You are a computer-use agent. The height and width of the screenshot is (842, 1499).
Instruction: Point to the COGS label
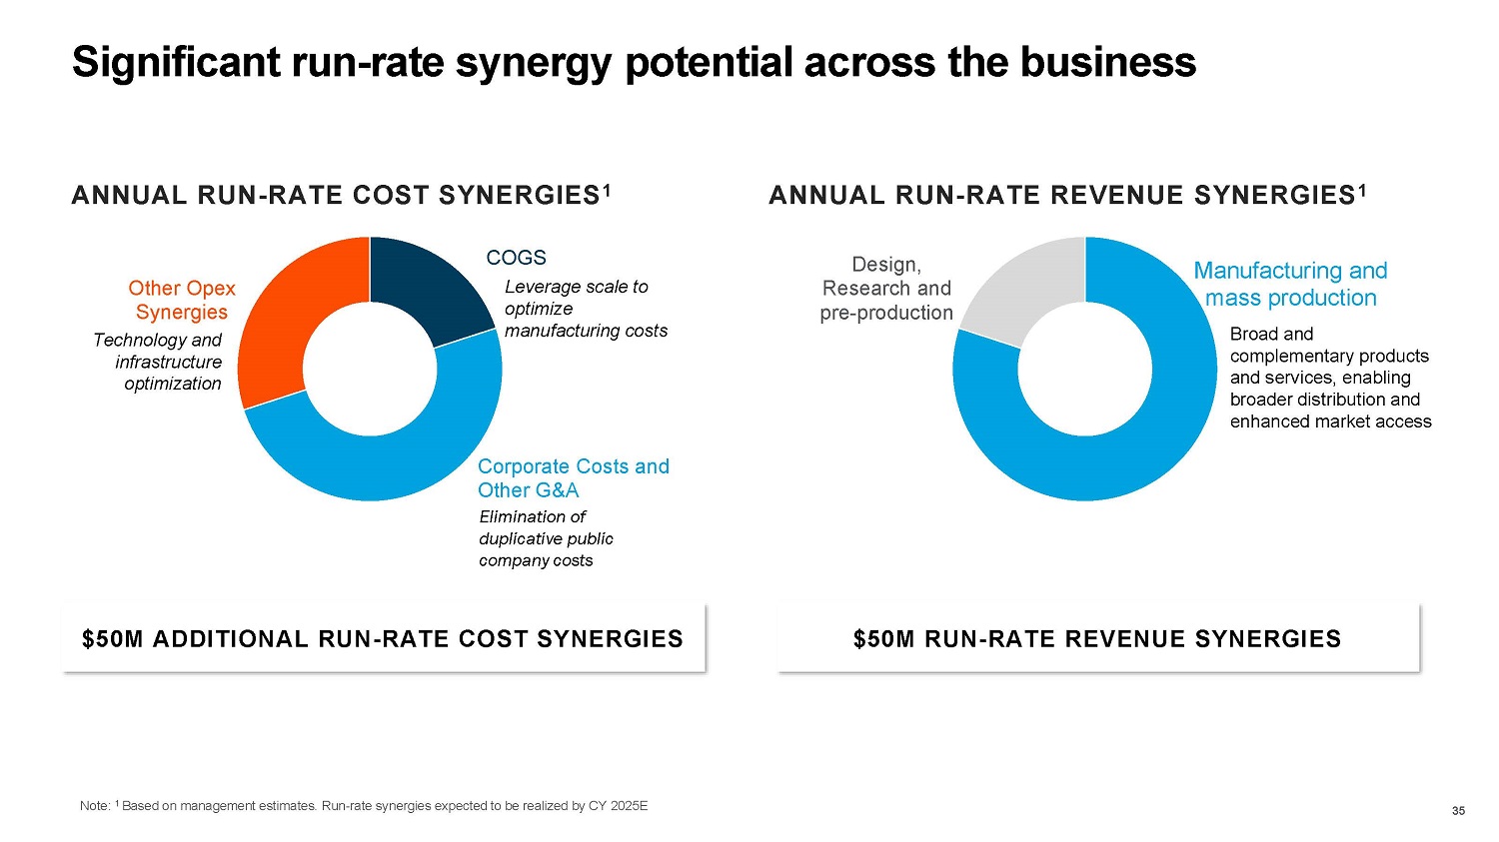click(516, 258)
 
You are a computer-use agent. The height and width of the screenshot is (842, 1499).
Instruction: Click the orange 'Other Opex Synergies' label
click(182, 300)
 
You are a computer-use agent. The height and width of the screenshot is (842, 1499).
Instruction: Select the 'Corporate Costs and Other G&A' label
click(573, 478)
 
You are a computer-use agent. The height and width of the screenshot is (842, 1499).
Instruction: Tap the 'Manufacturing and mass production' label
click(1290, 285)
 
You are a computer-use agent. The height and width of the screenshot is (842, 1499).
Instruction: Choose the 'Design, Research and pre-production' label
click(886, 289)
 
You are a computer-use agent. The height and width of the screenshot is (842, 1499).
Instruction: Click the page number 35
click(1458, 810)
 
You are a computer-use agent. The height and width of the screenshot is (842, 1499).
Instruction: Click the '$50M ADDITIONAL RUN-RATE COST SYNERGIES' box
click(383, 638)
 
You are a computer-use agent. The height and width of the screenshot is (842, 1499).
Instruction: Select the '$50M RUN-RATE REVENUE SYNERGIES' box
click(1097, 638)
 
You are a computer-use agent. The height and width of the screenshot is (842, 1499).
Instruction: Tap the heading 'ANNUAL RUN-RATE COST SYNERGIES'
click(340, 195)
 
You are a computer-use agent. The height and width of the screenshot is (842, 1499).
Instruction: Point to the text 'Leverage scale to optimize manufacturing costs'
click(585, 309)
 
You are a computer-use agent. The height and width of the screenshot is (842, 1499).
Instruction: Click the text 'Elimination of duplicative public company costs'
click(546, 538)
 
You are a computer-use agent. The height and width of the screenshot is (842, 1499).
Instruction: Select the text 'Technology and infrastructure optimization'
click(158, 362)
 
